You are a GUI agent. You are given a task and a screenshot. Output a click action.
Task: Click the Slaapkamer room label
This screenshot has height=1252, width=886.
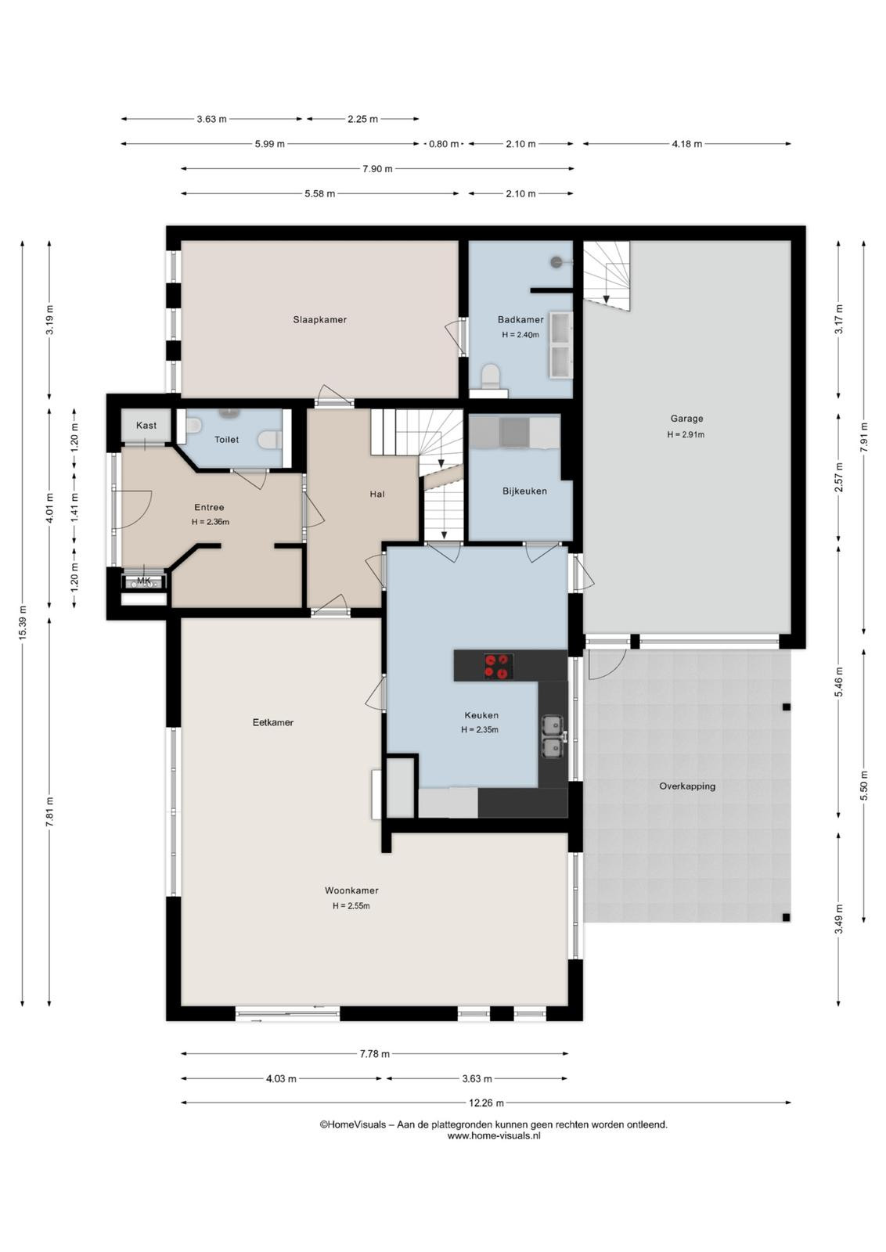[320, 320]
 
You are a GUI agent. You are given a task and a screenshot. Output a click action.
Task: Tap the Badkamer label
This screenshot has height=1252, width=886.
[520, 320]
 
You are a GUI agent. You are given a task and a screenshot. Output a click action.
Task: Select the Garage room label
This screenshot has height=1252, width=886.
[686, 418]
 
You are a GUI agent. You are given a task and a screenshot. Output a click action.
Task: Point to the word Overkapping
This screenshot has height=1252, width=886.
[687, 786]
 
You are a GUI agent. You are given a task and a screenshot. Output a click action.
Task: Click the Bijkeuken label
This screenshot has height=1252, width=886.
[524, 491]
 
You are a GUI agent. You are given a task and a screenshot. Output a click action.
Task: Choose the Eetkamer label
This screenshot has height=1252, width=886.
[273, 722]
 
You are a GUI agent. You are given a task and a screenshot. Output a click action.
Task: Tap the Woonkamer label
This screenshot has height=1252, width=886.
[351, 890]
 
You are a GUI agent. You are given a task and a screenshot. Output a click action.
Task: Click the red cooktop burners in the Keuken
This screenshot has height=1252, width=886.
[498, 666]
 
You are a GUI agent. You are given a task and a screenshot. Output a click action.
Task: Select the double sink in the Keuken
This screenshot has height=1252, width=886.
[553, 737]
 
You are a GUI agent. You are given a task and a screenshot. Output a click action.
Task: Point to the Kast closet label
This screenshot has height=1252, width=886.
[146, 426]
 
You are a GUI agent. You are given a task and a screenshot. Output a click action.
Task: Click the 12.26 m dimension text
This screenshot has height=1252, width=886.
[486, 1103]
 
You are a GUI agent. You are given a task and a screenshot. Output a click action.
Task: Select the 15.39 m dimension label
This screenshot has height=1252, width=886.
[23, 623]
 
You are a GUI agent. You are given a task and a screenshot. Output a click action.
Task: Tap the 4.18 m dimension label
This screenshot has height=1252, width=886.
[686, 144]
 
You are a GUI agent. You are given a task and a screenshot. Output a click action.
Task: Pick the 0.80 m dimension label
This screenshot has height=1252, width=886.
[443, 144]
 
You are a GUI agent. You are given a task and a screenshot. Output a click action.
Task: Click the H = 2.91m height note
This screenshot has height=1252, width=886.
[686, 434]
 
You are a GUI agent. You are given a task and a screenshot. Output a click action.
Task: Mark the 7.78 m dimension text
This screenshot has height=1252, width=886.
[375, 1053]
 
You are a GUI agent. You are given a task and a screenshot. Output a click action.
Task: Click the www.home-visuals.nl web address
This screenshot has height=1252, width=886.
[494, 1135]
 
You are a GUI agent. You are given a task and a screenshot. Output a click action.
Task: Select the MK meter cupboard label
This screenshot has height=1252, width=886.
[144, 581]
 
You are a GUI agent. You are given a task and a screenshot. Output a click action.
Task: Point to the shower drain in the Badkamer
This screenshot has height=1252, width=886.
[556, 261]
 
